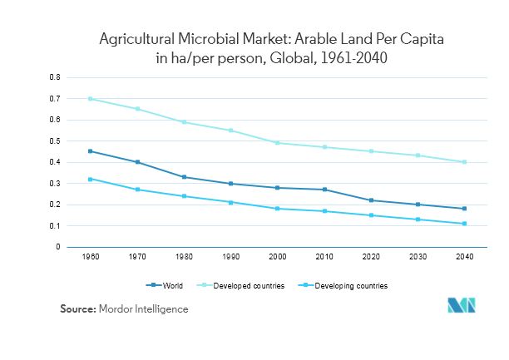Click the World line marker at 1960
pos(90,151)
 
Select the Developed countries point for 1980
pos(184,122)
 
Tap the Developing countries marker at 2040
pos(464,224)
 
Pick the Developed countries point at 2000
pos(277,143)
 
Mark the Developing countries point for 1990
pos(230,202)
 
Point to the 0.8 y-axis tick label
pos(56,77)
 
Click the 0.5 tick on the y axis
pos(56,141)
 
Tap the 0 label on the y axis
pos(58,247)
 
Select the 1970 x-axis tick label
pos(136,258)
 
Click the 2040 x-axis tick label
pos(464,258)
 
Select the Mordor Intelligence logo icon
pos(462,305)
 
